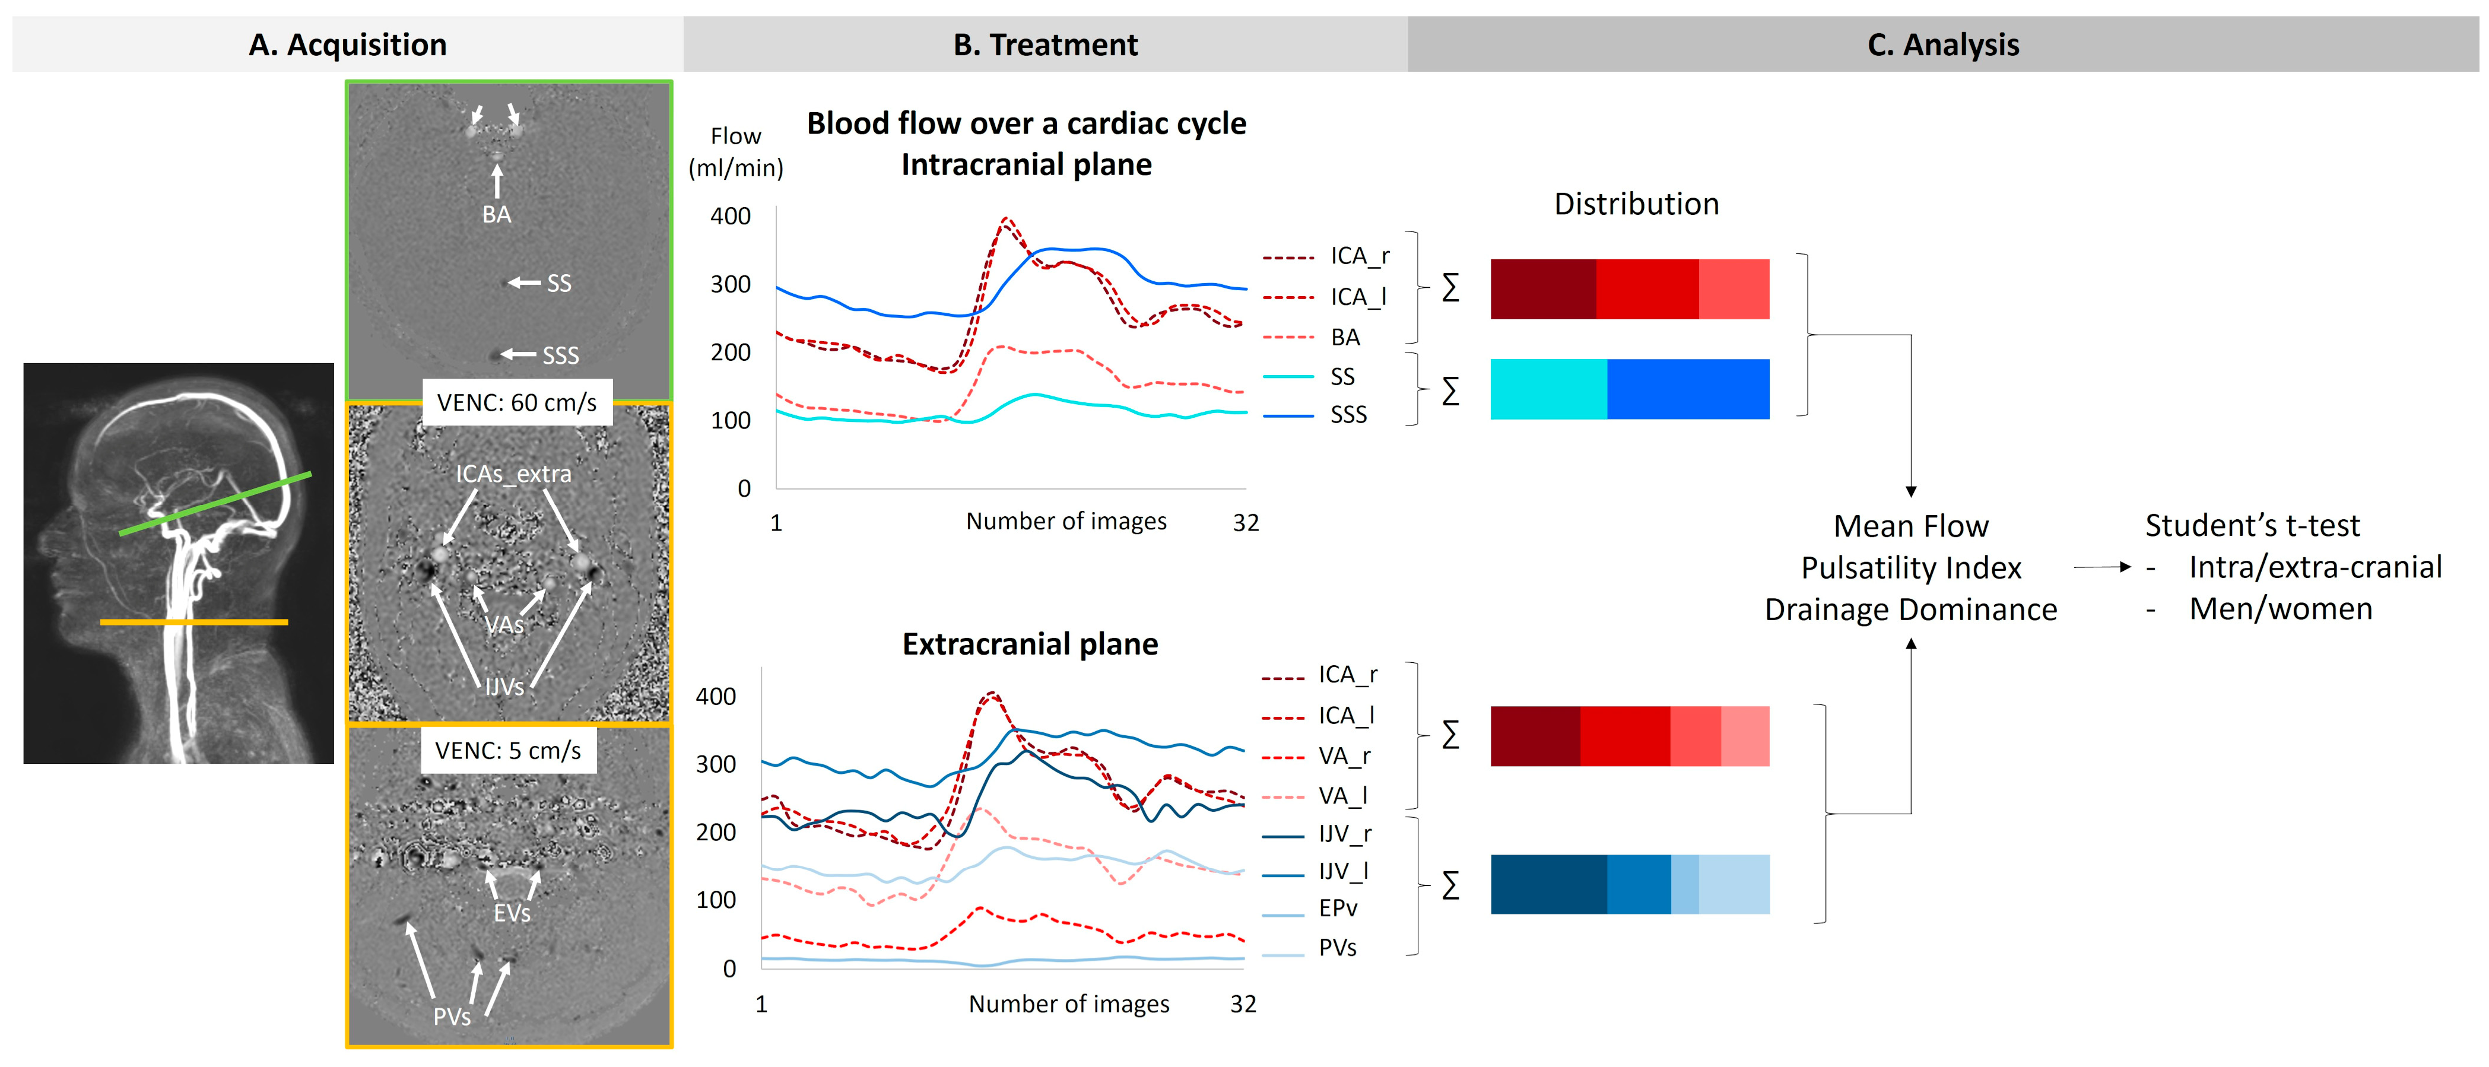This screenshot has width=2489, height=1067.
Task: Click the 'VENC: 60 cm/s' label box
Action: point(517,402)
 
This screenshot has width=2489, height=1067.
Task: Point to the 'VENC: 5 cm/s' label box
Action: point(508,750)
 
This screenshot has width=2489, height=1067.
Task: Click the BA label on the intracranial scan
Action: point(497,215)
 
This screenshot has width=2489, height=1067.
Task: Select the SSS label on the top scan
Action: point(560,355)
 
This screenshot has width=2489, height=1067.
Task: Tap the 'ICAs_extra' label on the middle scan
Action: point(513,474)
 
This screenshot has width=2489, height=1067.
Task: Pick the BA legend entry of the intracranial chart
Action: point(1345,337)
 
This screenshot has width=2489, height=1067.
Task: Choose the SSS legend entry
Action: point(1348,415)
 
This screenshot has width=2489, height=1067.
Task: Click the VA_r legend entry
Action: point(1344,756)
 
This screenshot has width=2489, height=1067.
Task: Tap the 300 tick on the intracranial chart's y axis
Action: point(731,284)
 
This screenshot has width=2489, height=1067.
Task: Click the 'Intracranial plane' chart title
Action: point(1026,164)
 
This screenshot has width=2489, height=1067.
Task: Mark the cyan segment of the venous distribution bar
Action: point(1548,389)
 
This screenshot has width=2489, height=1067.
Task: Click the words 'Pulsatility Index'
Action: point(1910,567)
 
